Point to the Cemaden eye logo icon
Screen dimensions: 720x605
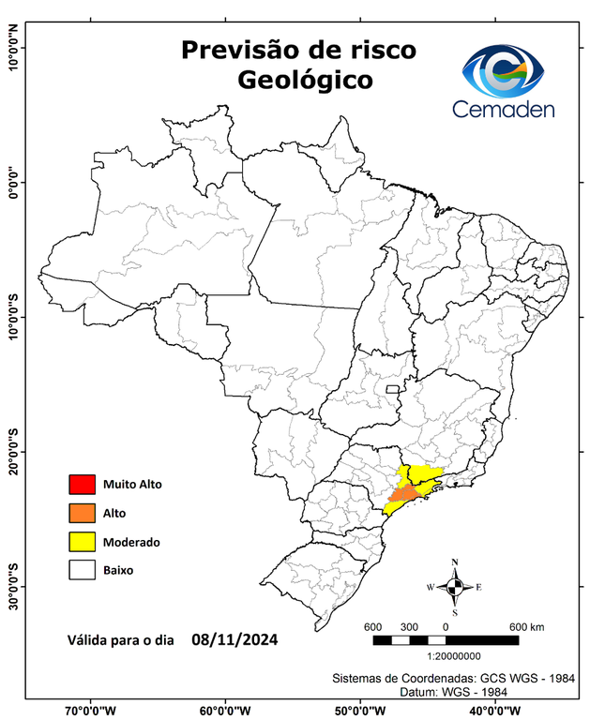[509, 70]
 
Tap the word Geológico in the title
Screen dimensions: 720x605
[304, 81]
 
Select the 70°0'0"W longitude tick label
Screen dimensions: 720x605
[91, 711]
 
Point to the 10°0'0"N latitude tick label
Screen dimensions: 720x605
[14, 48]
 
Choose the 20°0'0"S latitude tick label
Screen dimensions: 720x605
[14, 452]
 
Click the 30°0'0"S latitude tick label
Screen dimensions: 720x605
[14, 586]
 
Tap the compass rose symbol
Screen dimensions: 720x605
[455, 588]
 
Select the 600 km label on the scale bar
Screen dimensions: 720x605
[526, 626]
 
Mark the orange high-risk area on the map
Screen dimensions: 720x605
[404, 493]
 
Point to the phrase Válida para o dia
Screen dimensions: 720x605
[121, 642]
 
